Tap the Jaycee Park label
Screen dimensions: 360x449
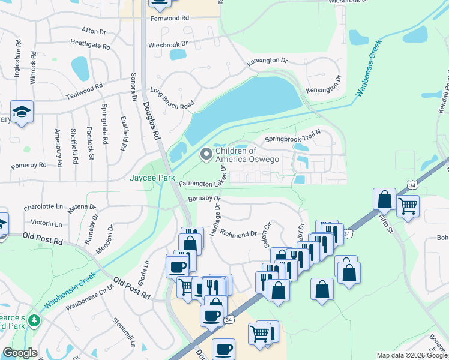click(x=152, y=178)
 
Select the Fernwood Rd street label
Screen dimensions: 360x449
click(x=170, y=19)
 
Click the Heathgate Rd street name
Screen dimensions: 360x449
click(x=90, y=45)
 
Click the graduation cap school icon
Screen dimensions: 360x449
click(x=22, y=112)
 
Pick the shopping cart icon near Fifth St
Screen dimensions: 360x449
click(x=408, y=206)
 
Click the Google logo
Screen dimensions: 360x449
click(x=20, y=353)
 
